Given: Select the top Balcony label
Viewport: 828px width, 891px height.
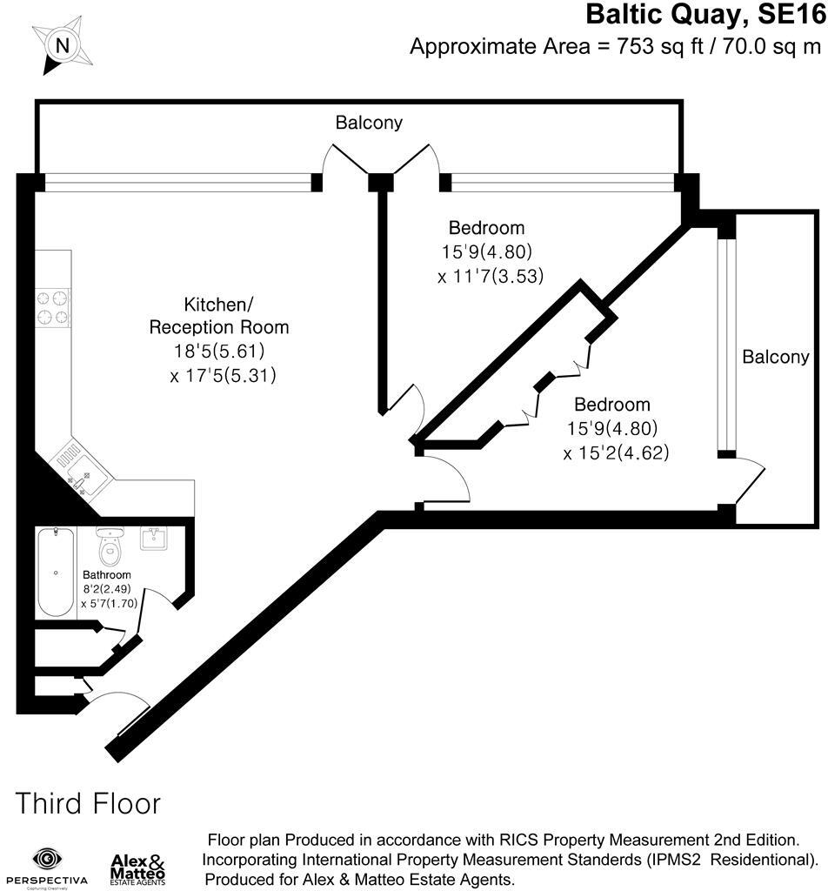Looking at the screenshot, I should point(370,123).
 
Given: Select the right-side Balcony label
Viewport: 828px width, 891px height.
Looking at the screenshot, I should point(775,357).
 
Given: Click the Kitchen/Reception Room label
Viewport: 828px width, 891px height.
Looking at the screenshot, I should point(218,316).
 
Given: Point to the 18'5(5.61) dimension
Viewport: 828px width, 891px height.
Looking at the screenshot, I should point(218,352).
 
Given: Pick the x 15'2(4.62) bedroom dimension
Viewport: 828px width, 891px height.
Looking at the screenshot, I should point(616,452).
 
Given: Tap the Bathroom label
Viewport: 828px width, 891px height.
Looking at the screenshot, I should point(107,575).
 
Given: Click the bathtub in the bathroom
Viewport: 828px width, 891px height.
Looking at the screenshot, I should point(56,573).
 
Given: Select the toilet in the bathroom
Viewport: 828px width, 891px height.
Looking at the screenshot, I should point(110,547).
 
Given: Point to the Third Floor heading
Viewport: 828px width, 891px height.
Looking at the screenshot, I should point(88,803).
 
